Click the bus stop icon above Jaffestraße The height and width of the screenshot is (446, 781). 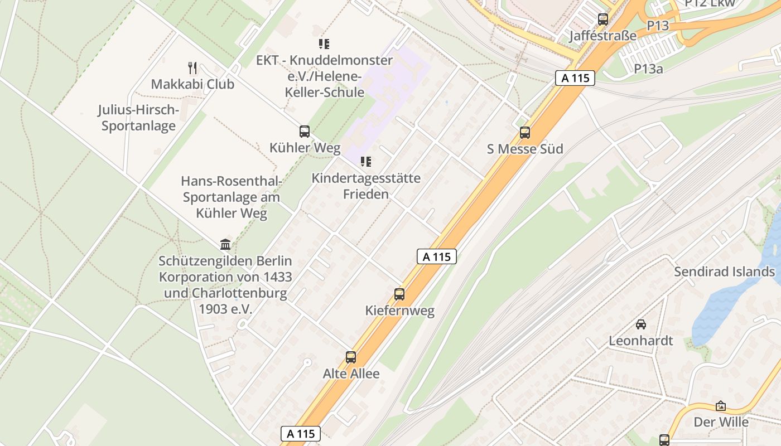tap(602, 20)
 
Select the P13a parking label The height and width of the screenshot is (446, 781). tap(648, 69)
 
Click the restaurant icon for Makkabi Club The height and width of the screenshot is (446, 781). tap(192, 68)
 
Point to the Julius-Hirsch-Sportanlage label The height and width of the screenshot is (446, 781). tap(138, 118)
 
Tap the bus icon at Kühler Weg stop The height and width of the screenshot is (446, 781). tap(305, 132)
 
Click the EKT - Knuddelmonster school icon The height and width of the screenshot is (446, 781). tap(324, 43)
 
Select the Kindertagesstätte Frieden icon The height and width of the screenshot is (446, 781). tap(366, 162)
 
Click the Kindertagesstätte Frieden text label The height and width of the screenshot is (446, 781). tap(366, 186)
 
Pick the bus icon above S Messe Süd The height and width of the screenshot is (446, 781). tap(525, 133)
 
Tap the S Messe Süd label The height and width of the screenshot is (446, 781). tap(525, 149)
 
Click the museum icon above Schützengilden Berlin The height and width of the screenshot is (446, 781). tap(225, 244)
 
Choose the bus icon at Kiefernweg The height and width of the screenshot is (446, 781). tap(399, 294)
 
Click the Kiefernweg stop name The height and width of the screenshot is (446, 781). tap(399, 311)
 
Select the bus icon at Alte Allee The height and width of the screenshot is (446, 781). tap(351, 357)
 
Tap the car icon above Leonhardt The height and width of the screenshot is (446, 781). tap(641, 324)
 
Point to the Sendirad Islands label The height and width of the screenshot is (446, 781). tap(724, 272)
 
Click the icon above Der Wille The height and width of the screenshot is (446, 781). tap(721, 406)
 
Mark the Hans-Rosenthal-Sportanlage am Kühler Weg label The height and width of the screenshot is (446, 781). tap(231, 197)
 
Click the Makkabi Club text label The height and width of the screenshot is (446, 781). tap(192, 84)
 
